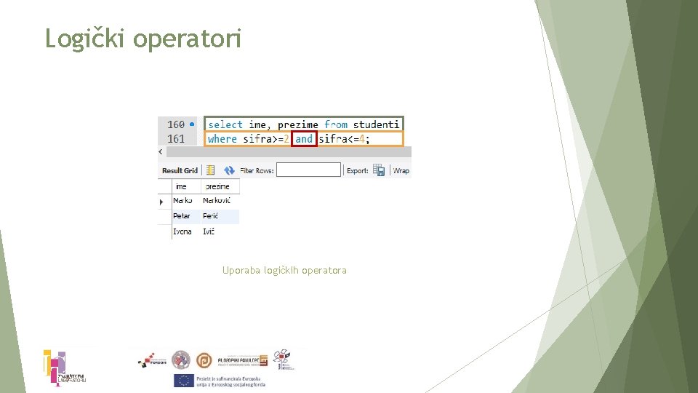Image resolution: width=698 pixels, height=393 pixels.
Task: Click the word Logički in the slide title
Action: pyautogui.click(x=85, y=38)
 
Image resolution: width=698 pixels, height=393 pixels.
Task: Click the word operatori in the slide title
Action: pyautogui.click(x=188, y=39)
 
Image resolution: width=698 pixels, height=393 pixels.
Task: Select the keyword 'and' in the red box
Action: pyautogui.click(x=304, y=138)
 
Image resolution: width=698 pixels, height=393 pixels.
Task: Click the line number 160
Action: pyautogui.click(x=176, y=124)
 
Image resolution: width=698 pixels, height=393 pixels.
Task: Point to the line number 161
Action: pyautogui.click(x=176, y=138)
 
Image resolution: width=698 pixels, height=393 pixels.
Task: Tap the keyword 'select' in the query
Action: pyautogui.click(x=225, y=124)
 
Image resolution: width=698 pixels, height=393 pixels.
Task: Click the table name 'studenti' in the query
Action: pyautogui.click(x=376, y=124)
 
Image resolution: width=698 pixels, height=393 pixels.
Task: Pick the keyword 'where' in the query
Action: pyautogui.click(x=222, y=138)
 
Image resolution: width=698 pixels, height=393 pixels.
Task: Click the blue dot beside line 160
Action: pyautogui.click(x=191, y=124)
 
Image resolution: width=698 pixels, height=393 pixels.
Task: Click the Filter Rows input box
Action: pyautogui.click(x=308, y=170)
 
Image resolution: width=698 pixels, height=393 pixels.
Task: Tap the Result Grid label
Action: pyautogui.click(x=180, y=170)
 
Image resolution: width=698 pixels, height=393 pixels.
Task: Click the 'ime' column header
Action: pyautogui.click(x=181, y=186)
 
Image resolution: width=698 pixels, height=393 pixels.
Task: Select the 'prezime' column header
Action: pyautogui.click(x=217, y=186)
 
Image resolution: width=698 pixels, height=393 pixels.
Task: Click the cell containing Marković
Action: pyautogui.click(x=217, y=200)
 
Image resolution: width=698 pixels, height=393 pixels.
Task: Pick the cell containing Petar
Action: pyautogui.click(x=182, y=216)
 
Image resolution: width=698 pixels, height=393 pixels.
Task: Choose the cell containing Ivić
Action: pyautogui.click(x=209, y=231)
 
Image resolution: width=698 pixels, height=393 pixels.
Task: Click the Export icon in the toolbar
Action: pyautogui.click(x=379, y=170)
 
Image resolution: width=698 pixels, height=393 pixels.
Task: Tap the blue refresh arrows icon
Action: pyautogui.click(x=229, y=170)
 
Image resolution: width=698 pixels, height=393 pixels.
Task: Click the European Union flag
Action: pyautogui.click(x=182, y=381)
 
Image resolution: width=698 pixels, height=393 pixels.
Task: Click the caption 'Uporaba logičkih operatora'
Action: pyautogui.click(x=284, y=270)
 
